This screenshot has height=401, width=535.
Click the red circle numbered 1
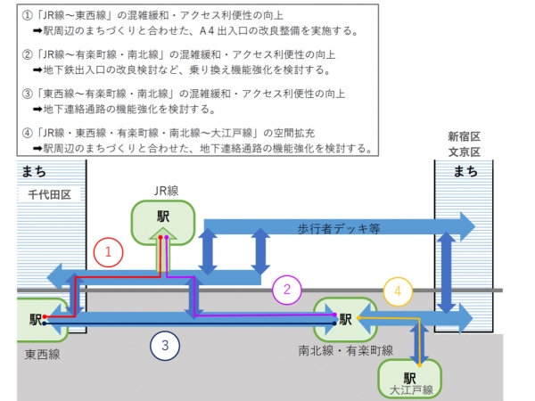pyautogui.click(x=108, y=253)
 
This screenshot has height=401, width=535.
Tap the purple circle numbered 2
pyautogui.click(x=287, y=289)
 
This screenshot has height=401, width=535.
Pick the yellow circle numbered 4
pyautogui.click(x=399, y=291)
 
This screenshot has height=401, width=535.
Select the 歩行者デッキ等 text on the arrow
pyautogui.click(x=339, y=228)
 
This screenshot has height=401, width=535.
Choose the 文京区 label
pyautogui.click(x=464, y=152)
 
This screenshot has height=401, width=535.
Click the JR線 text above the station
pyautogui.click(x=162, y=189)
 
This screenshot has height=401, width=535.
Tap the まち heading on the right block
pyautogui.click(x=464, y=171)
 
